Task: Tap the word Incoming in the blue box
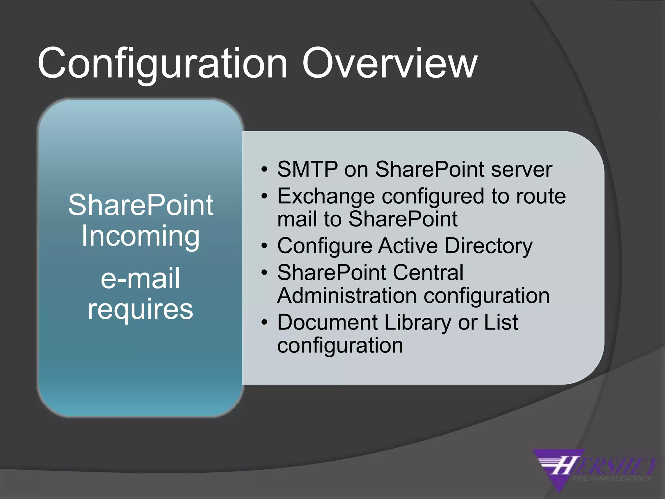point(140,236)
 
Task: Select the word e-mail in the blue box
point(140,278)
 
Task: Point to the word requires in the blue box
point(140,309)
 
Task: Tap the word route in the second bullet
point(541,197)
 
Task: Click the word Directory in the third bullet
point(488,246)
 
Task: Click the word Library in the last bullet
point(418,322)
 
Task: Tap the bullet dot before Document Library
point(265,323)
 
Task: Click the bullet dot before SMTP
point(265,170)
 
